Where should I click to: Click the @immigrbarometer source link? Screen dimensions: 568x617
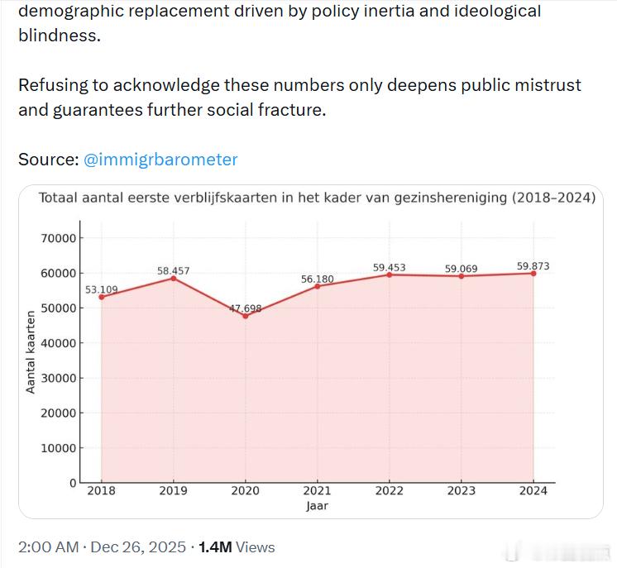[x=160, y=160]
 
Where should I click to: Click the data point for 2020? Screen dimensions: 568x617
[x=246, y=316]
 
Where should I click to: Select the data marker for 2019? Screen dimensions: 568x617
[x=174, y=278]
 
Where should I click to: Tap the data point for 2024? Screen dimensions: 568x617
[x=533, y=273]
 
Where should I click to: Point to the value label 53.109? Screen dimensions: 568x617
[x=102, y=289]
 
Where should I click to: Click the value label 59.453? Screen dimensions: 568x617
[x=390, y=267]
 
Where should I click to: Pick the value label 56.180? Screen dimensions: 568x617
[x=318, y=279]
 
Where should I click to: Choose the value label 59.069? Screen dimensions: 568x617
[x=462, y=269]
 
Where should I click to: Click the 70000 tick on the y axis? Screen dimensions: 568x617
[x=59, y=238]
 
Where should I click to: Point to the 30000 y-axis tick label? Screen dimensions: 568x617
[x=59, y=378]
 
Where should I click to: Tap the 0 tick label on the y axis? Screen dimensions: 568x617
[x=73, y=483]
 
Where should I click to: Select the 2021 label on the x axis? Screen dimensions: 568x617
[x=318, y=490]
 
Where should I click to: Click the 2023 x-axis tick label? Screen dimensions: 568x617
[x=462, y=490]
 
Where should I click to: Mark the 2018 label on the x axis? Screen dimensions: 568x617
[x=102, y=490]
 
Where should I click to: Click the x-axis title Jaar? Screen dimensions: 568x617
[x=317, y=505]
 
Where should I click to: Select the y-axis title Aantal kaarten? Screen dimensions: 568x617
[x=31, y=352]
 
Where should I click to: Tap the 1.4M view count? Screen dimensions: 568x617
[x=215, y=547]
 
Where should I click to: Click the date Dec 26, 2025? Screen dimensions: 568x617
[x=136, y=547]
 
